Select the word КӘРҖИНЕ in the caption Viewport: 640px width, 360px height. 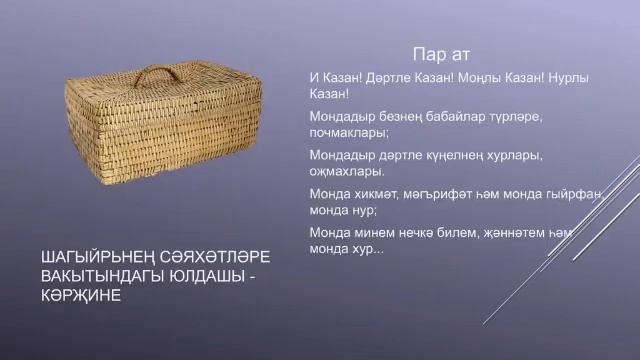pyautogui.click(x=76, y=297)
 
